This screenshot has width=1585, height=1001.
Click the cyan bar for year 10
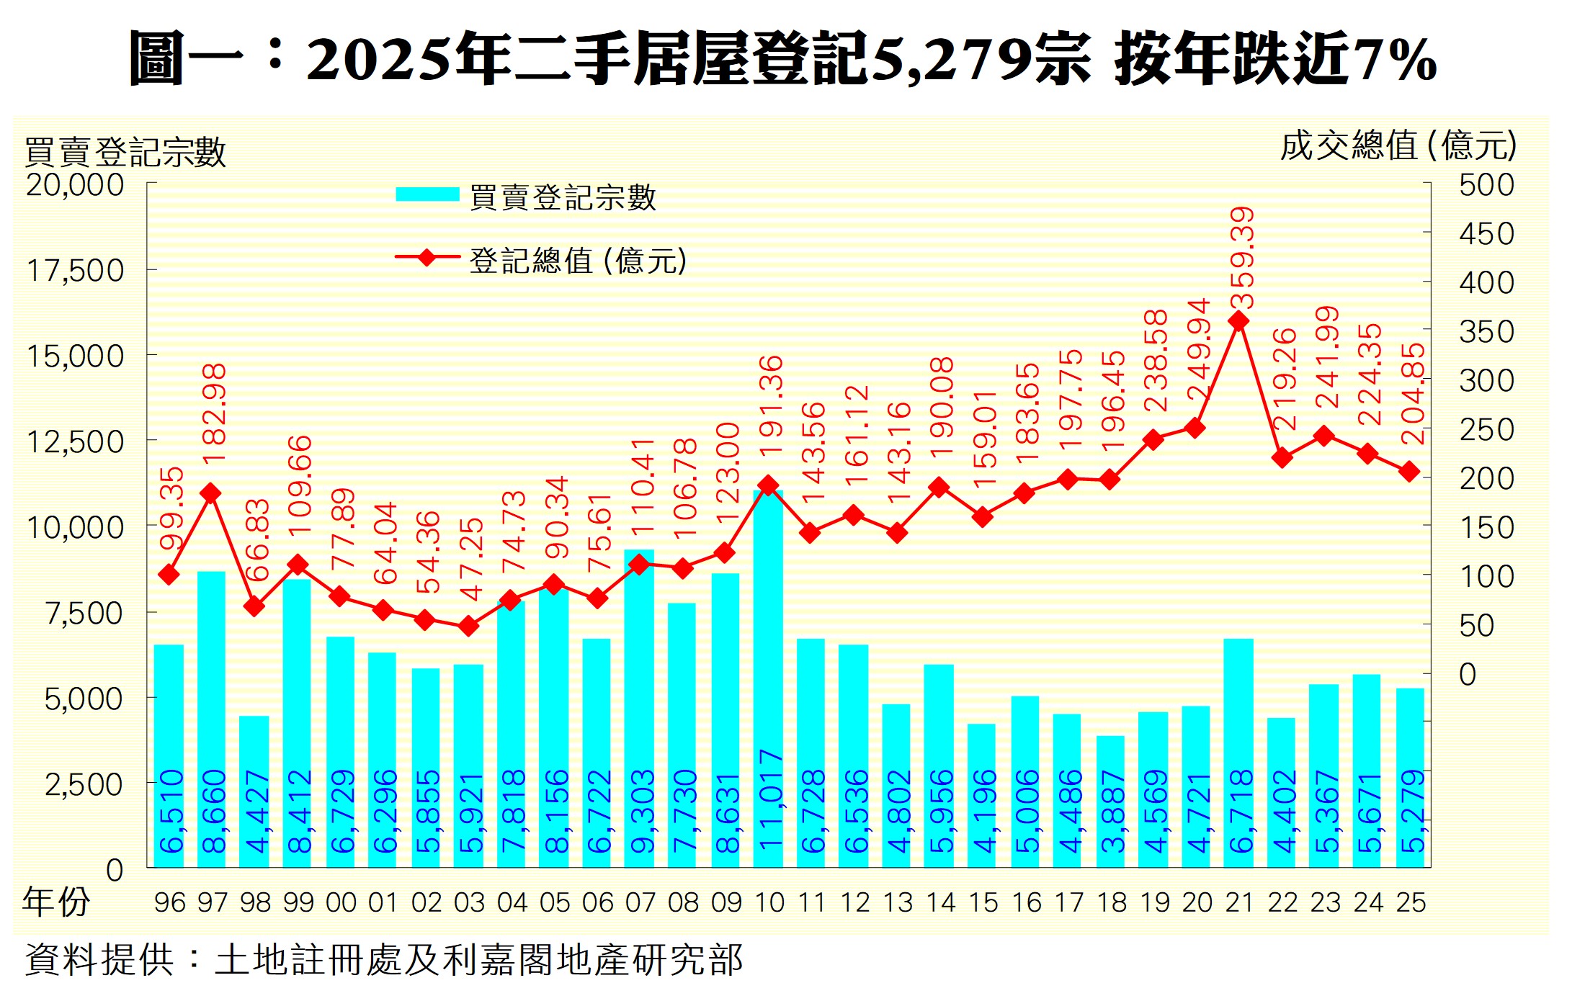pos(768,677)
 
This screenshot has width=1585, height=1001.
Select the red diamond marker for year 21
pos(1238,321)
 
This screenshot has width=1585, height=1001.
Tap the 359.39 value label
pos(1242,258)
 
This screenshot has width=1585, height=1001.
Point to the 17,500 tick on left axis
pos(76,271)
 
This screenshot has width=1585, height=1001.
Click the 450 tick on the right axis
pos(1486,234)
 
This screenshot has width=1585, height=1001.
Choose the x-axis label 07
pos(640,902)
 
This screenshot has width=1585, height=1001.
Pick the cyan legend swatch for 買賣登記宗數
pos(427,194)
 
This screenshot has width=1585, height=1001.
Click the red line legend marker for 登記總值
pos(427,257)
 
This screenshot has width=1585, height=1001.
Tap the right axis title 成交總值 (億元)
pos(1398,146)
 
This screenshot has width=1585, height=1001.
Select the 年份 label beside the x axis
pos(55,902)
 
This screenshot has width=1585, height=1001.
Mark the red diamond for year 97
pos(210,493)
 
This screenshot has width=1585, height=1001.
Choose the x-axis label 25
pos(1411,902)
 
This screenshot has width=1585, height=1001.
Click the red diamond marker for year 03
pos(468,626)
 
